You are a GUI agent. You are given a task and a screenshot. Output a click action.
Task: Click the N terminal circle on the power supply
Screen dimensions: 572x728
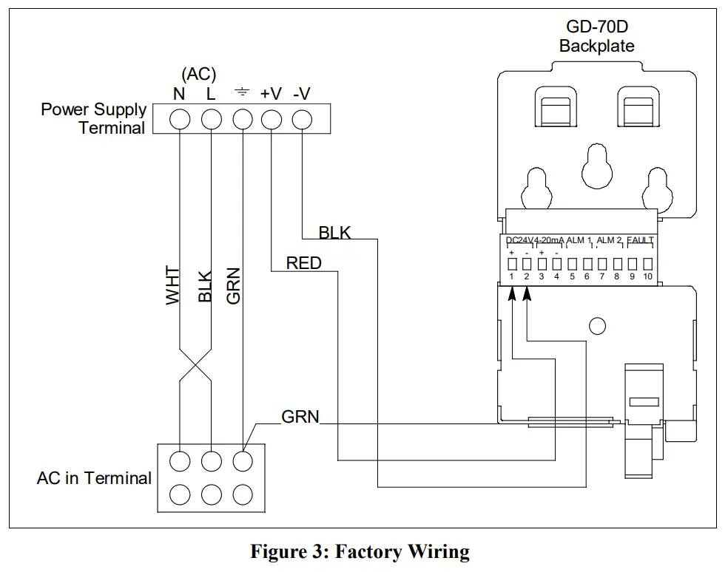[180, 119]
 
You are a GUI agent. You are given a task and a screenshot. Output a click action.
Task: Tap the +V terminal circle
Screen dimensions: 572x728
[272, 119]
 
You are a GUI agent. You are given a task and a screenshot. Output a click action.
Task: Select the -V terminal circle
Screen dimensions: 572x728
[302, 119]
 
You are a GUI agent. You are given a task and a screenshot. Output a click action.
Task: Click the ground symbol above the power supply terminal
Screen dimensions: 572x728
[241, 93]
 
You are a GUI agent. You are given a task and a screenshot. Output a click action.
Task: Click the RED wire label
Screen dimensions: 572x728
[303, 262]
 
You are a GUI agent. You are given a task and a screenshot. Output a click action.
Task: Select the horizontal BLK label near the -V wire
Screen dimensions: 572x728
[334, 233]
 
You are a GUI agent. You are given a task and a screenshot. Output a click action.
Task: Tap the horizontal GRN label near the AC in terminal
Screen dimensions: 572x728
[300, 417]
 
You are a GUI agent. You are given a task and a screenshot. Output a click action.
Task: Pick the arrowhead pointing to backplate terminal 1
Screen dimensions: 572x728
[512, 293]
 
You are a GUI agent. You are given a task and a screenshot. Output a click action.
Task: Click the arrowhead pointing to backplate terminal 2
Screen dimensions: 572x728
[527, 293]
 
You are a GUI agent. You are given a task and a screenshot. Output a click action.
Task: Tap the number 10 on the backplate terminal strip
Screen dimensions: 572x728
[647, 277]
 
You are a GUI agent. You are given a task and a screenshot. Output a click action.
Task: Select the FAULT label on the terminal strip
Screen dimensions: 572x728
[640, 240]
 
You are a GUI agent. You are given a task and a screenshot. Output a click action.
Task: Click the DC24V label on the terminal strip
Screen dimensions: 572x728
[519, 240]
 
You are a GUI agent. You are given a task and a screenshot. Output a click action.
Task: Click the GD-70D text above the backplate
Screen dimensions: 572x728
[596, 27]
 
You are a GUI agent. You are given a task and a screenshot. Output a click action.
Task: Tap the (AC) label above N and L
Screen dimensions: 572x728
[198, 74]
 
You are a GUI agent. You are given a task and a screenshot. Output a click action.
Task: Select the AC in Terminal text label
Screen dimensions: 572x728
[94, 478]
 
